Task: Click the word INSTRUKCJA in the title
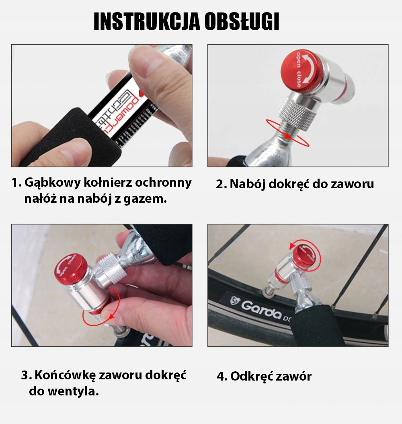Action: tap(147, 21)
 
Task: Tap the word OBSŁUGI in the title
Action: tap(242, 21)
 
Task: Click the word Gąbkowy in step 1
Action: tap(53, 183)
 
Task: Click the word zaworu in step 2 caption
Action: tap(352, 184)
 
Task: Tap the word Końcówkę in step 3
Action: tap(65, 375)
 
